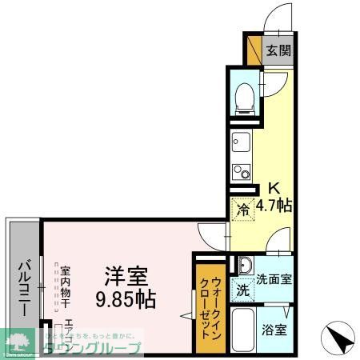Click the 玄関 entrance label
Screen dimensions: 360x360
[278, 50]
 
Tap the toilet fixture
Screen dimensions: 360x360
[245, 97]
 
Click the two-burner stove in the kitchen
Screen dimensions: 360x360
[242, 171]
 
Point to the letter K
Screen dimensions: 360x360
[273, 189]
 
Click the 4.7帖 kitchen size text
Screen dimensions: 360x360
[274, 205]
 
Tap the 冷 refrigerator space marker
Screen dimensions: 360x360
[242, 210]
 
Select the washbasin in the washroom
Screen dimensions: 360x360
[245, 266]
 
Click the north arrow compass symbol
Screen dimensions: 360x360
[338, 337]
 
